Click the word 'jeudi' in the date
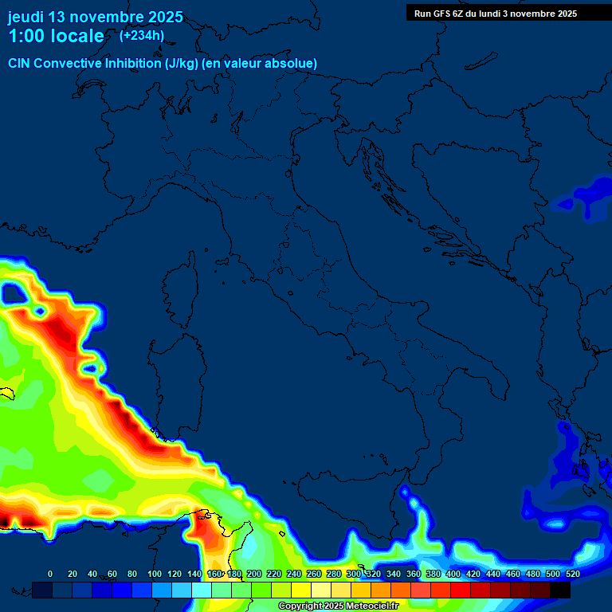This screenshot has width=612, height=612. point(26,17)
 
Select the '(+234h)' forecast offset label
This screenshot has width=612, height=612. point(142,35)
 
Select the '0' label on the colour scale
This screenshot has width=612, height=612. point(50,574)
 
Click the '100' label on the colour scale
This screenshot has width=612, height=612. point(155,574)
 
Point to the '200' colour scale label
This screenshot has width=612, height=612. point(254,574)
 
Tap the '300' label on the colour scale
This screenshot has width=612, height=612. point(354,574)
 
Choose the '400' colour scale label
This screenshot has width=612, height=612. point(453,574)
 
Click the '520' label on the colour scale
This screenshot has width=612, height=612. point(572,574)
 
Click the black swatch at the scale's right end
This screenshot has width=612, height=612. point(560,590)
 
